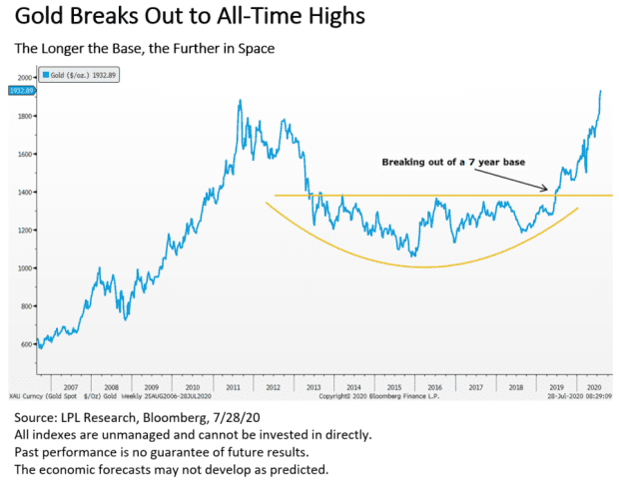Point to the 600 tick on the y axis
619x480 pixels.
click(25, 344)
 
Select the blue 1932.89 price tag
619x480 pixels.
click(21, 91)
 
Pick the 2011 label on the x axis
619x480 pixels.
click(231, 385)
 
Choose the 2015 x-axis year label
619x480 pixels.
click(393, 385)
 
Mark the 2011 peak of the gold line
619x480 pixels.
click(240, 101)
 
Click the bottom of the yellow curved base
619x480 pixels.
click(424, 266)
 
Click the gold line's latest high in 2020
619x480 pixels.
click(600, 91)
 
